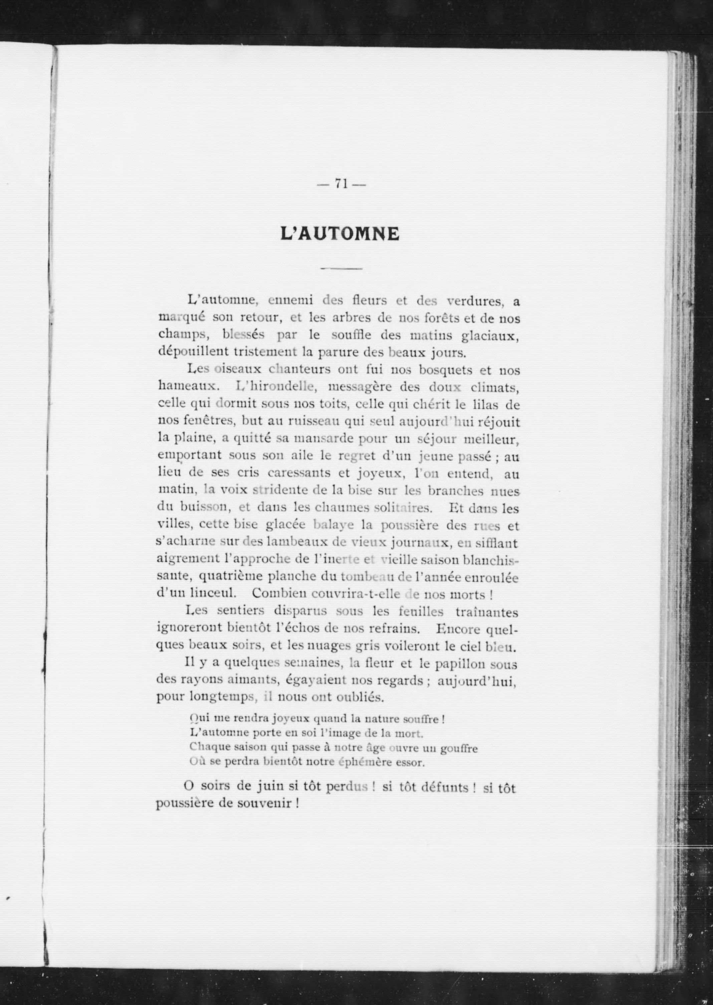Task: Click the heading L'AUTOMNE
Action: coord(340,234)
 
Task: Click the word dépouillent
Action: coord(192,352)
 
